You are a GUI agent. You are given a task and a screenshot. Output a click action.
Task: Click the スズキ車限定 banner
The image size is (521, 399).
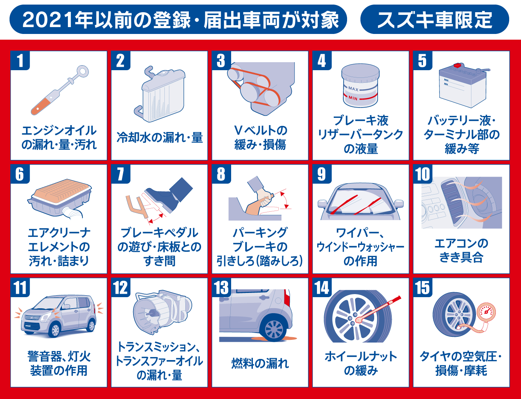tap(434, 19)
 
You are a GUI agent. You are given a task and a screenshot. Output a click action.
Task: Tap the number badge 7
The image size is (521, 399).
tap(121, 174)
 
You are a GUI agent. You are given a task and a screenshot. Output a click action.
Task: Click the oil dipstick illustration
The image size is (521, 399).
tap(60, 90)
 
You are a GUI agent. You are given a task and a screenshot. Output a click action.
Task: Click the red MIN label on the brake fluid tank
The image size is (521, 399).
tap(353, 98)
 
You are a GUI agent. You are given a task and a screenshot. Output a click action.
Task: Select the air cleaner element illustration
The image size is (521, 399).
tap(60, 198)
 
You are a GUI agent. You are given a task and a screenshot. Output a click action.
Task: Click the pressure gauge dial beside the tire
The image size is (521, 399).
tap(486, 312)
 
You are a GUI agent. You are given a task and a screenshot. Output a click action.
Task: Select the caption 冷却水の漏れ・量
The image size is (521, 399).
tap(160, 137)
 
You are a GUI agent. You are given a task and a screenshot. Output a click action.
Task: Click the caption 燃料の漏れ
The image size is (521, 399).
tap(260, 363)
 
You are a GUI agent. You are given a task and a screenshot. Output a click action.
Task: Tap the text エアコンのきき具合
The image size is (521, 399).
tap(461, 250)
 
